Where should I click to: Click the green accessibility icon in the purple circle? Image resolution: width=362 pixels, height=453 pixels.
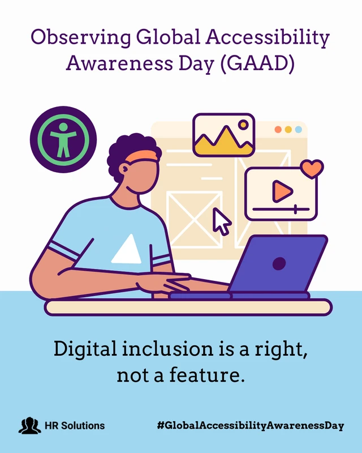(x=63, y=140)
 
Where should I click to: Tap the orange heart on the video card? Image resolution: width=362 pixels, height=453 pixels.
(x=312, y=169)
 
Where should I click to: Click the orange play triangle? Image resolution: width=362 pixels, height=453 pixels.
(x=282, y=191)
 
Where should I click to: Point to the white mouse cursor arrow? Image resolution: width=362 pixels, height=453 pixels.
(x=221, y=221)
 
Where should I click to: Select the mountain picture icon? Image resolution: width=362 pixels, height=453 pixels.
(x=224, y=135)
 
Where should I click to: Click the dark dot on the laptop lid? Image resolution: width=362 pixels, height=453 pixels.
(x=279, y=263)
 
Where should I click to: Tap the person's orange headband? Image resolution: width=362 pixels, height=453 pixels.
(x=141, y=156)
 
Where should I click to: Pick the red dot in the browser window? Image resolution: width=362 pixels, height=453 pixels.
(x=278, y=130)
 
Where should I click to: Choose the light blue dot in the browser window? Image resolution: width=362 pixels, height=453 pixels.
(x=299, y=130)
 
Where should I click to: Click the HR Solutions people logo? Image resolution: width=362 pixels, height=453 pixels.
(x=29, y=426)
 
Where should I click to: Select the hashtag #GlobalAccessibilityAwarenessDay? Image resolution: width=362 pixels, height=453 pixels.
(x=251, y=426)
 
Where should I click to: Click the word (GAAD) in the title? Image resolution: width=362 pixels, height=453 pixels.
(x=257, y=63)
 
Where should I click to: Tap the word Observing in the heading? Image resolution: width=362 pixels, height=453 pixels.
(x=81, y=38)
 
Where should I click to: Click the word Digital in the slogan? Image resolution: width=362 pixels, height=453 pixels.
(x=85, y=349)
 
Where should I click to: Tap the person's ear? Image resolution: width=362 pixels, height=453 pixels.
(x=124, y=169)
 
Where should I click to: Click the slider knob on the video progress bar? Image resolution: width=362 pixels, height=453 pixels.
(x=295, y=209)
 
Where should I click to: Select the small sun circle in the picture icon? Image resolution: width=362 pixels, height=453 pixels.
(x=243, y=125)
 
